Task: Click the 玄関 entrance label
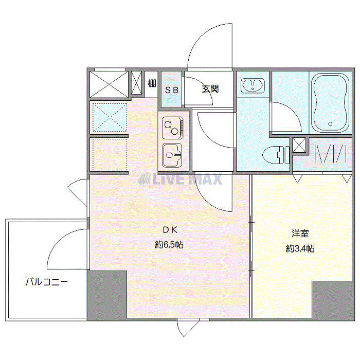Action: [210, 89]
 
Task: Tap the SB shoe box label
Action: [172, 90]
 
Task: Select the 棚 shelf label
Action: [152, 83]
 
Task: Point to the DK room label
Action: [170, 230]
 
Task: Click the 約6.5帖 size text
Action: [169, 245]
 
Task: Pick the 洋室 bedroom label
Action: [300, 233]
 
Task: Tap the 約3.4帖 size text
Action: [300, 248]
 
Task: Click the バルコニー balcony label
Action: [47, 282]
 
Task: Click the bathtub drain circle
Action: [330, 124]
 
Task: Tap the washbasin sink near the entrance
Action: [253, 86]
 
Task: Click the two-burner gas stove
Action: [173, 128]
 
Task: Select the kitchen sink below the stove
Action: [172, 155]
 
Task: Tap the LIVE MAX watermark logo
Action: [180, 179]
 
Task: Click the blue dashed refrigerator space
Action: [110, 118]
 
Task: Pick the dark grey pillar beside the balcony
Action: [107, 295]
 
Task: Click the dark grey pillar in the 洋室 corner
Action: [333, 300]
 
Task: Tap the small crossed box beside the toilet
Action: [299, 145]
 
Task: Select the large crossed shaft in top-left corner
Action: [109, 84]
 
